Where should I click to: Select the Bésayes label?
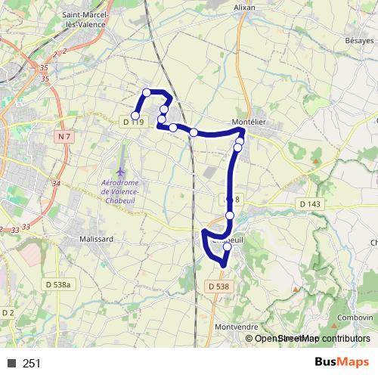click(360, 39)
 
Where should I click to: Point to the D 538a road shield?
click(58, 284)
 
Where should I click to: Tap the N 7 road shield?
click(64, 136)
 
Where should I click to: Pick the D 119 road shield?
click(132, 122)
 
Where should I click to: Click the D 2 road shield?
click(8, 312)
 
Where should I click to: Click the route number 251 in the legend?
click(31, 364)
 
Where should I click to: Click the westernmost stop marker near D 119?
click(136, 116)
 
